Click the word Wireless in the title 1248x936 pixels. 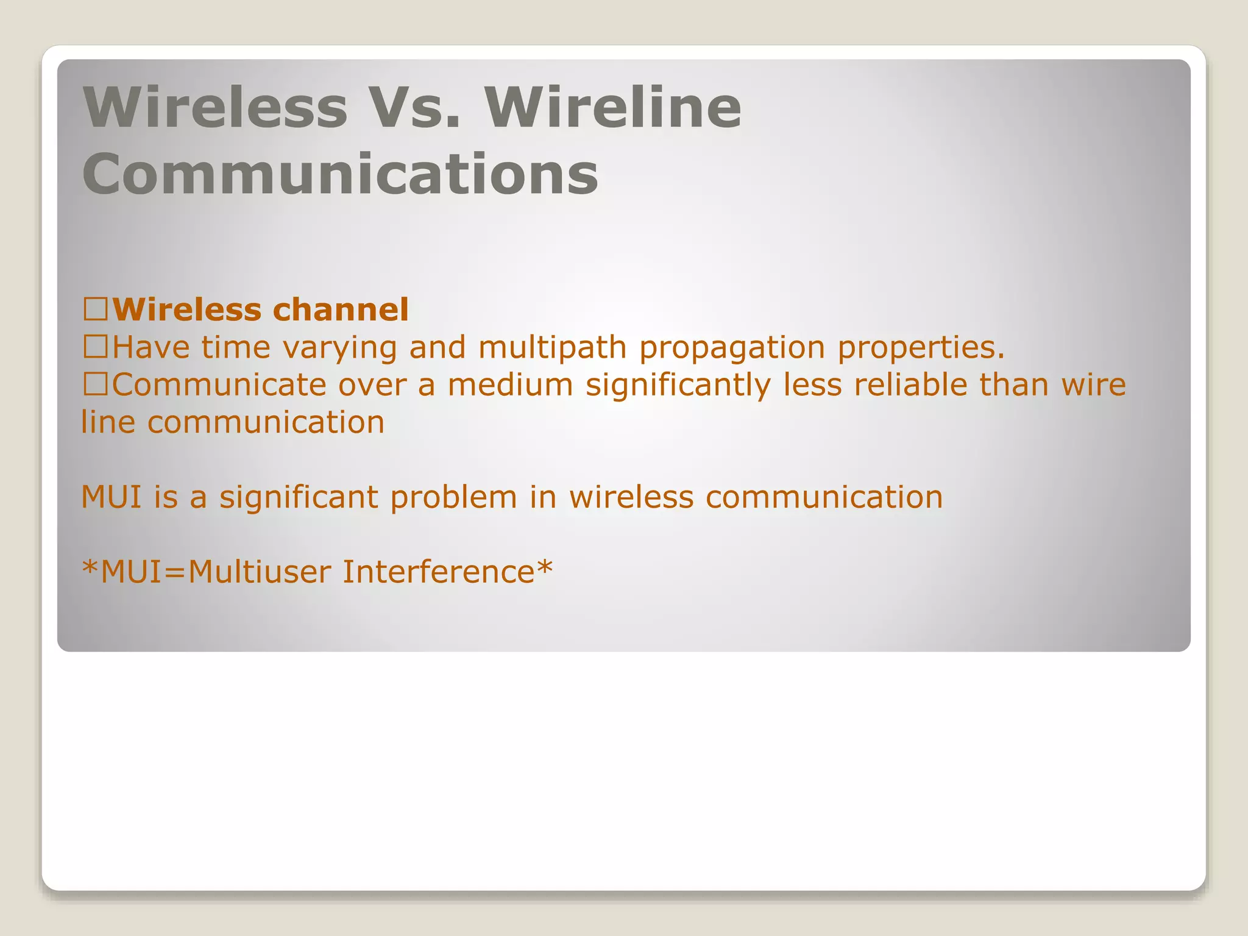pos(215,108)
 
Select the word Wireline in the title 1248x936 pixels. pos(613,108)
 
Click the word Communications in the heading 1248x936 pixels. pos(340,174)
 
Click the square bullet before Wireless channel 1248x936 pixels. pos(96,310)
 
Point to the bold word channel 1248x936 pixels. pos(341,310)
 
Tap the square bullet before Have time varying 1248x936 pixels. pos(96,348)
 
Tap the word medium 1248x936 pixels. pos(510,385)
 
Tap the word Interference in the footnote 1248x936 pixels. pos(438,572)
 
